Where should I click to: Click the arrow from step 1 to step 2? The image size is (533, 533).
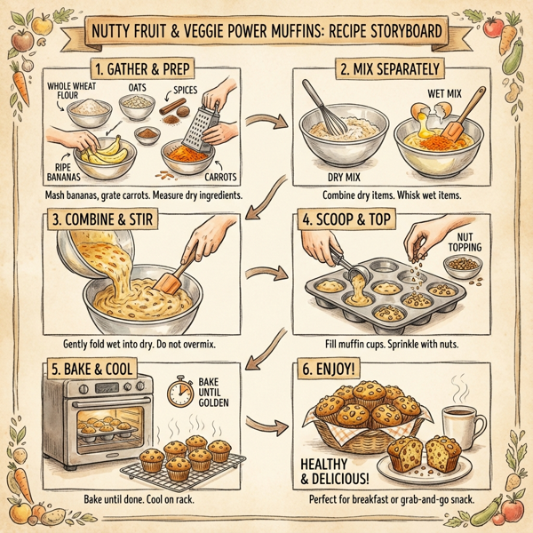(x=268, y=122)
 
